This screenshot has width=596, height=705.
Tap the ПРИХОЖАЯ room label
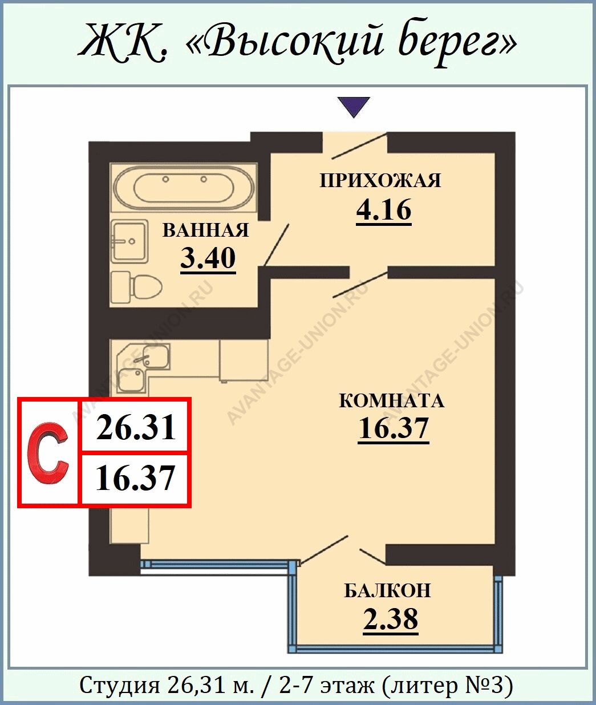pyautogui.click(x=380, y=180)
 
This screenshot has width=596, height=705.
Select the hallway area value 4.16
pyautogui.click(x=384, y=210)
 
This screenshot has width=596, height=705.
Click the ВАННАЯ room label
pyautogui.click(x=205, y=230)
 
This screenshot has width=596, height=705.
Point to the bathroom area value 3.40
pyautogui.click(x=208, y=258)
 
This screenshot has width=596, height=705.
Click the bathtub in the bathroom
pyautogui.click(x=184, y=188)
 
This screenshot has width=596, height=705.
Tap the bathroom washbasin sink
pyautogui.click(x=129, y=241)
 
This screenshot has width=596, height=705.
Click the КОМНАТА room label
pyautogui.click(x=392, y=400)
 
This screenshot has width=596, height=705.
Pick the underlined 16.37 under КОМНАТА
pyautogui.click(x=393, y=429)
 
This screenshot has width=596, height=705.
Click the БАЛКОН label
pyautogui.click(x=388, y=591)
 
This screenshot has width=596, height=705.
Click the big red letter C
pyautogui.click(x=48, y=453)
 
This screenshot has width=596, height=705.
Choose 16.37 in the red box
pyautogui.click(x=135, y=479)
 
